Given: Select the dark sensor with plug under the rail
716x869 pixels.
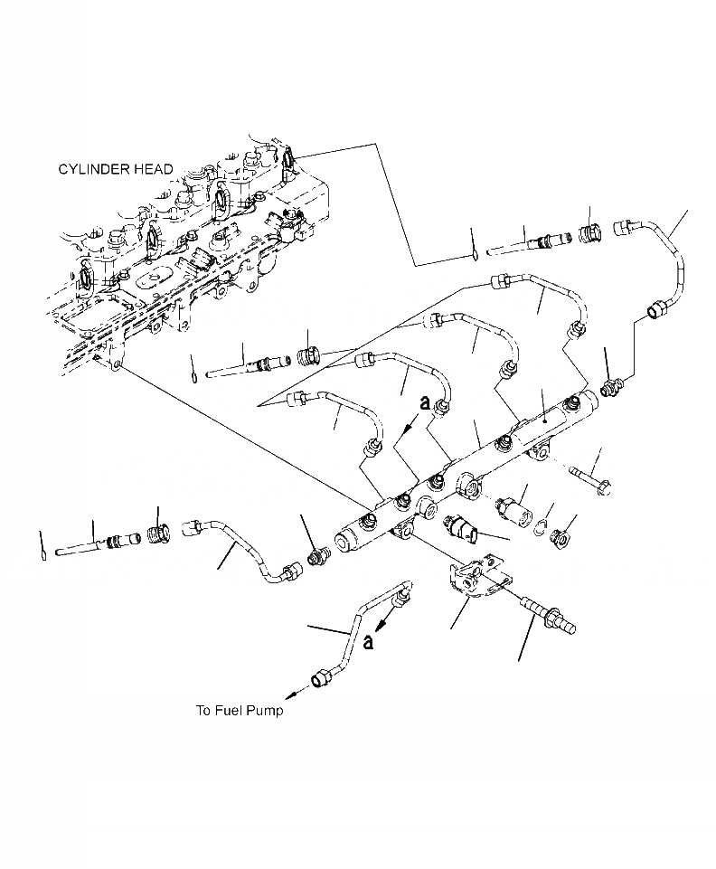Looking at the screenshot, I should point(461,530).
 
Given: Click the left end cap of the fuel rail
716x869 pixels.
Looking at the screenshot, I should point(344,543).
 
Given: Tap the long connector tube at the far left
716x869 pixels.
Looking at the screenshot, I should point(90,547).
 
